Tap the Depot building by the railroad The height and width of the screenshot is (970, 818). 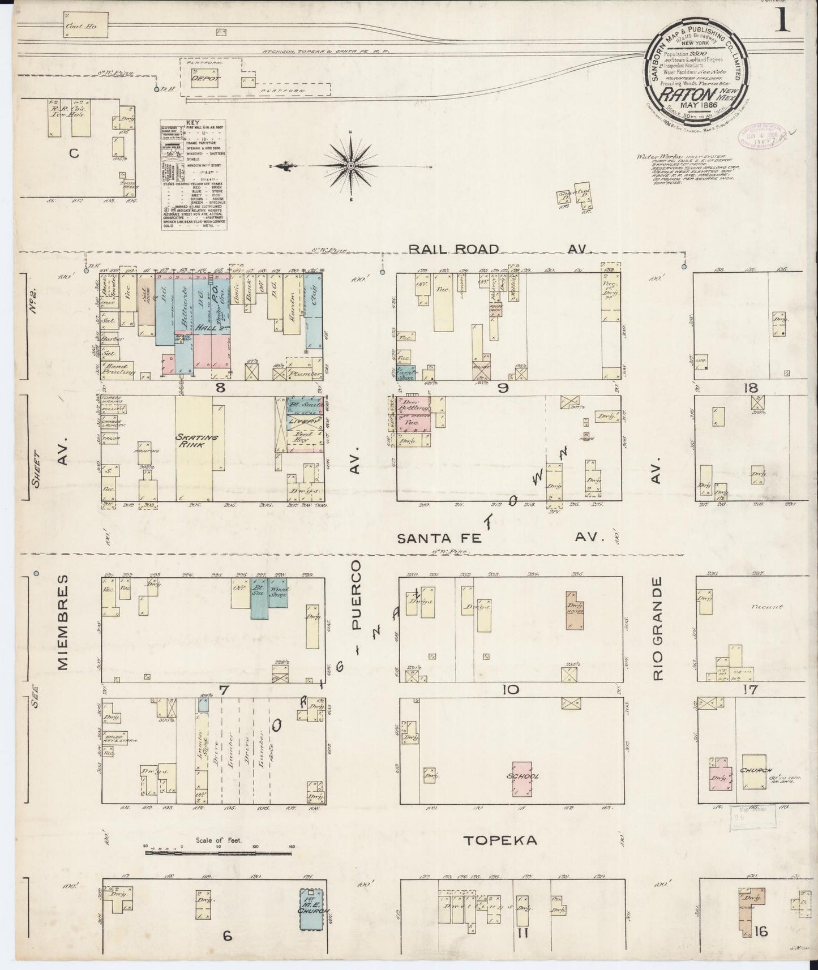[x=202, y=79]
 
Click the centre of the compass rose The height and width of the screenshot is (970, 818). [x=351, y=165]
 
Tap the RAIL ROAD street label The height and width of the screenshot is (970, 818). [x=455, y=250]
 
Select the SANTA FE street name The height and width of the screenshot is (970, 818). [x=439, y=538]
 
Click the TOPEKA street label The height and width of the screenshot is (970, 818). [x=500, y=840]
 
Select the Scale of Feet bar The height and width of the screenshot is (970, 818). [x=219, y=852]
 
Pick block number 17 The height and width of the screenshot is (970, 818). [x=751, y=690]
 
